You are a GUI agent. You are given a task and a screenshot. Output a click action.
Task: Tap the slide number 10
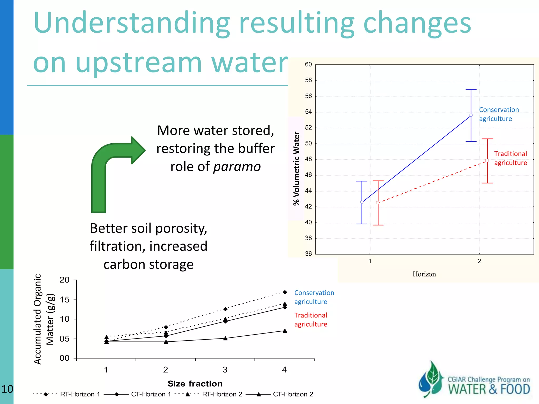(x=7, y=389)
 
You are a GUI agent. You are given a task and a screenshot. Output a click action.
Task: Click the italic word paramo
(x=237, y=167)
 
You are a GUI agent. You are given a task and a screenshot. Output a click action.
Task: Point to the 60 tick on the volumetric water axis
(x=308, y=64)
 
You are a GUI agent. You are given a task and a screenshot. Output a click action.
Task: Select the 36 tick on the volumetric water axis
(x=308, y=254)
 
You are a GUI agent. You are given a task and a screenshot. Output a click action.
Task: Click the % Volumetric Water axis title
(x=297, y=168)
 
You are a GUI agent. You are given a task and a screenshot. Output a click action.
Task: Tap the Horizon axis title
(x=424, y=274)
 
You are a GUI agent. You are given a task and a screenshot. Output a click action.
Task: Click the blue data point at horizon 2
(x=471, y=115)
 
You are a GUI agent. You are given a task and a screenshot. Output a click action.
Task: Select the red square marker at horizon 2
(x=487, y=161)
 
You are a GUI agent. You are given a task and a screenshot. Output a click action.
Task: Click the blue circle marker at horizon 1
(x=362, y=202)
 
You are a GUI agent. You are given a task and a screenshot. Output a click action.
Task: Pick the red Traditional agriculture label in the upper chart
(x=510, y=158)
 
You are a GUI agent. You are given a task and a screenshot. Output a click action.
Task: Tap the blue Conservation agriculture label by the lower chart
(x=314, y=297)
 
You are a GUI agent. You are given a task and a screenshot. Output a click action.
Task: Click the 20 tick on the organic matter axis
(x=64, y=280)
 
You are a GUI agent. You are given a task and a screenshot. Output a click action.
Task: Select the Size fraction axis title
(x=195, y=384)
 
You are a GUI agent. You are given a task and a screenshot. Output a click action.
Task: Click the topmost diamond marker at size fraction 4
(x=285, y=292)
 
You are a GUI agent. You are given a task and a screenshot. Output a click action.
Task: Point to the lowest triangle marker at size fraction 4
(x=285, y=331)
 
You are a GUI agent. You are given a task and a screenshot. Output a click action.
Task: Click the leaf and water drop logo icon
(x=431, y=379)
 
